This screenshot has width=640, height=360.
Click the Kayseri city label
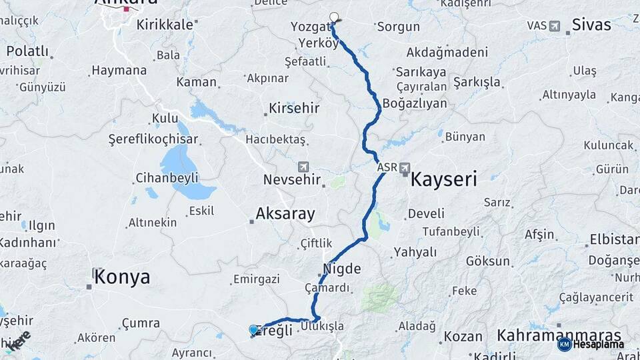[444, 179]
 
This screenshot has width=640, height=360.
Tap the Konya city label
[122, 277]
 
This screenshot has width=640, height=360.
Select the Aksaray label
[285, 214]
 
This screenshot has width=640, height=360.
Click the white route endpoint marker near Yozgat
[334, 17]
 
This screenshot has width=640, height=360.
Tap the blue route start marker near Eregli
[253, 330]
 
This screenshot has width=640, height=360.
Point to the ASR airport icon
[405, 168]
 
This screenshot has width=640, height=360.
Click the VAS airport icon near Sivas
[555, 26]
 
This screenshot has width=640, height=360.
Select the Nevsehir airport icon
[304, 166]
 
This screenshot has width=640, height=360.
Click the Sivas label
[591, 25]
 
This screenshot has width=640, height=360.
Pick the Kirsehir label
[294, 108]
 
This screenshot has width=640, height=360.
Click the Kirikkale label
[164, 25]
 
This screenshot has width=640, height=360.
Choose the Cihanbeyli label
[167, 178]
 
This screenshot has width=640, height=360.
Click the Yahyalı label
[415, 252]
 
